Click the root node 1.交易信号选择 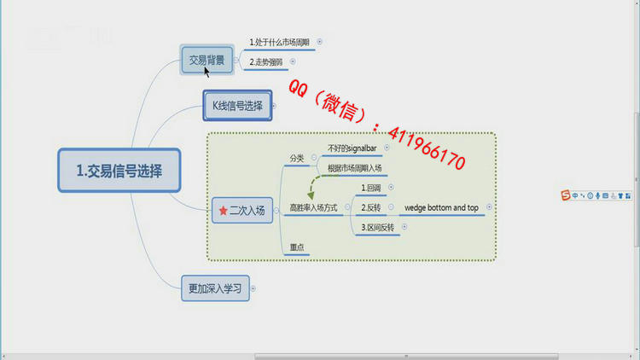tap(119, 171)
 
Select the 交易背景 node tap(207, 60)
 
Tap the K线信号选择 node tap(237, 106)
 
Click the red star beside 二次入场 tap(223, 211)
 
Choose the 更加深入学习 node tap(215, 288)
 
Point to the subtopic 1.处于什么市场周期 tap(280, 42)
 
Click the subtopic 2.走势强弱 tap(266, 62)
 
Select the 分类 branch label tap(297, 158)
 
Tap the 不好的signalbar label tap(352, 148)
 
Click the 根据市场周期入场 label tap(355, 168)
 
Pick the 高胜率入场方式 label tap(313, 208)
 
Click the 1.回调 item tap(371, 188)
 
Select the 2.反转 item tap(371, 208)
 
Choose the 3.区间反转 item tap(377, 228)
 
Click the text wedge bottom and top tap(442, 208)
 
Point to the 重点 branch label tap(297, 247)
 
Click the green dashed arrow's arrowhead tap(311, 196)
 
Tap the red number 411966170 tap(427, 148)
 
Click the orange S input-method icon tap(565, 195)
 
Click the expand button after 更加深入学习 tap(253, 288)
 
